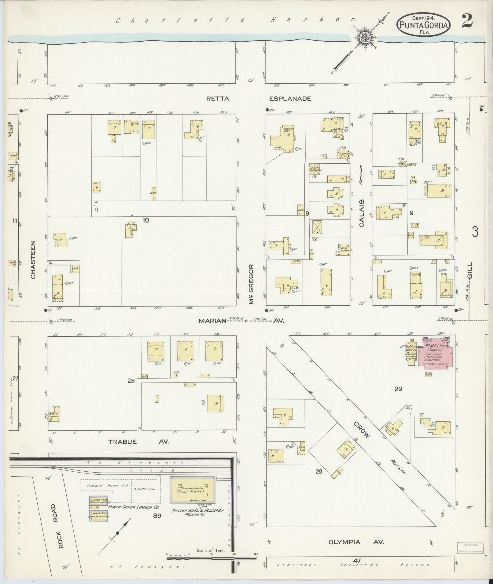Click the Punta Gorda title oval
(x=424, y=24)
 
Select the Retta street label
(x=218, y=99)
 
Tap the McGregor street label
(x=251, y=284)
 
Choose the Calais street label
(x=362, y=213)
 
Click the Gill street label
(x=470, y=270)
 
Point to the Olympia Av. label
(x=356, y=542)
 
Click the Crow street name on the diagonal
(x=362, y=430)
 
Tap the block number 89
(x=157, y=516)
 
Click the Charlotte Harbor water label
(x=235, y=20)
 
